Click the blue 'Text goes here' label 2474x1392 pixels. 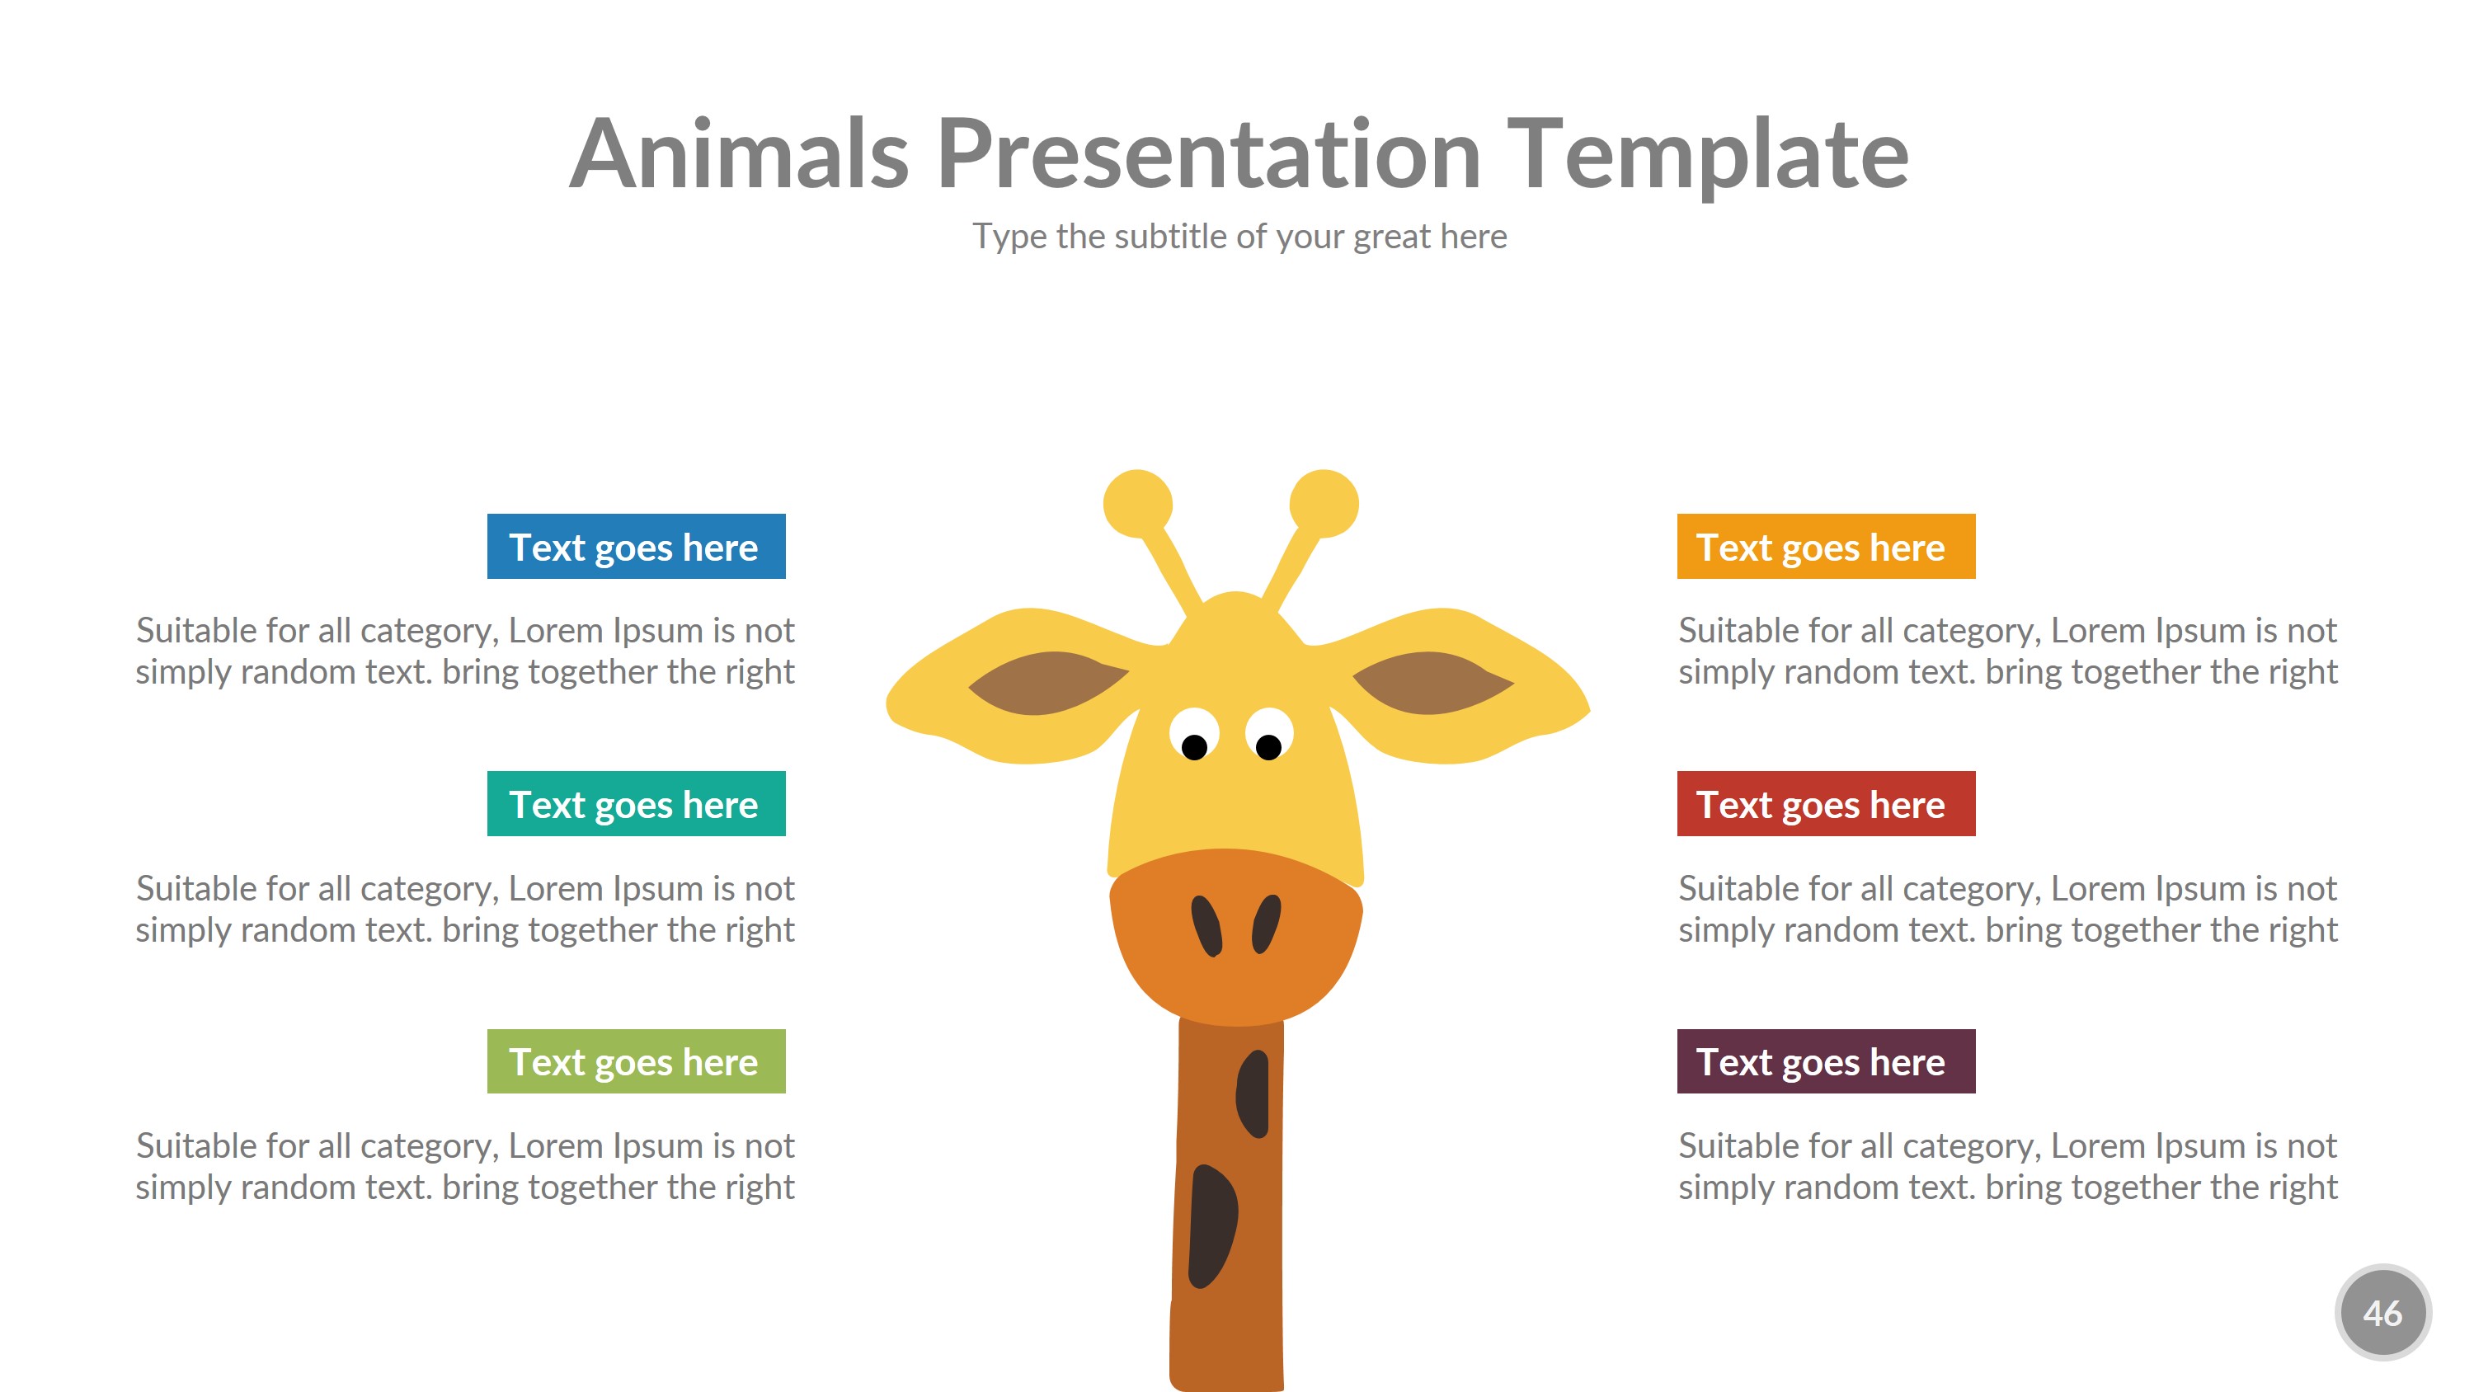click(636, 547)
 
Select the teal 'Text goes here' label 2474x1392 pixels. click(636, 804)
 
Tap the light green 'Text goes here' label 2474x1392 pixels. click(636, 1061)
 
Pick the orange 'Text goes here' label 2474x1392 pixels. click(1826, 547)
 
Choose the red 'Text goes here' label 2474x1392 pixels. click(1826, 804)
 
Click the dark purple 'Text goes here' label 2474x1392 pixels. click(1826, 1061)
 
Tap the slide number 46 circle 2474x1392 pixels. click(2382, 1312)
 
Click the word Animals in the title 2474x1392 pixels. click(740, 153)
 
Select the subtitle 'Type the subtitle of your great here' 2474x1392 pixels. click(1239, 237)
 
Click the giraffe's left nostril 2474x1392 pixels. click(1206, 925)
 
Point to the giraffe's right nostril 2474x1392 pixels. click(1267, 924)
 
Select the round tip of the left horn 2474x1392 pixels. click(1138, 503)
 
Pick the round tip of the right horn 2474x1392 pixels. click(1324, 503)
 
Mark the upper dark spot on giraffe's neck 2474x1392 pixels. click(1253, 1093)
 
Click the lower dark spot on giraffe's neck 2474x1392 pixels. click(1211, 1225)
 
